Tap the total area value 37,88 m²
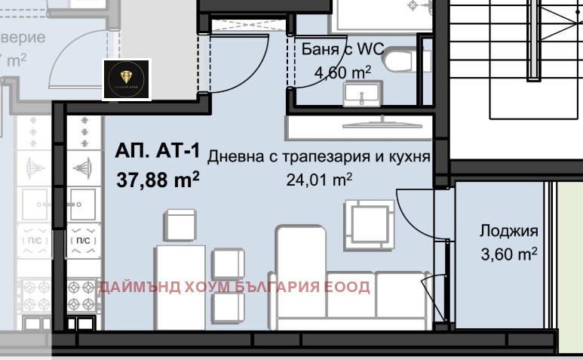click(158, 180)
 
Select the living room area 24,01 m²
click(319, 180)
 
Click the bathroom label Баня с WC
click(343, 50)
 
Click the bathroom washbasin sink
click(363, 95)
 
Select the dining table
click(180, 288)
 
